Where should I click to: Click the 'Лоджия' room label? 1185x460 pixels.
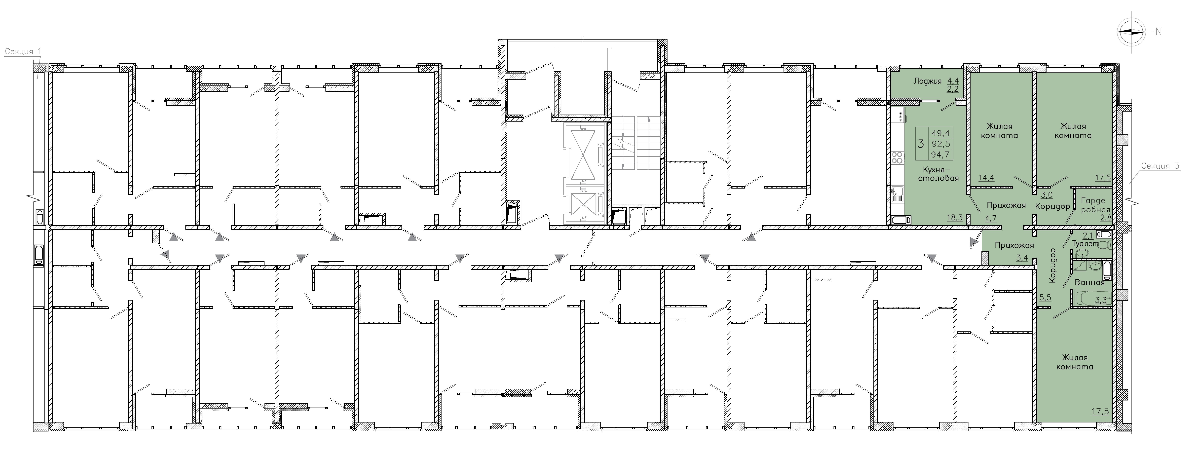coord(928,81)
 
